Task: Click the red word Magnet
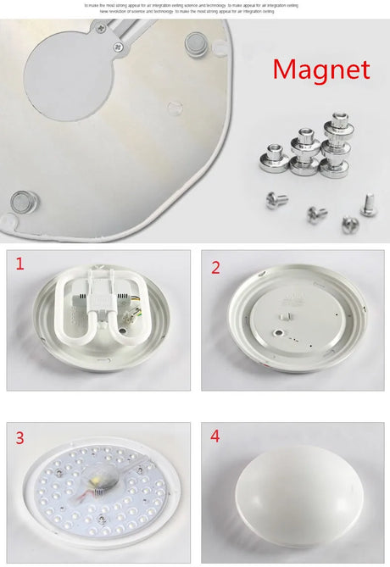coord(321,69)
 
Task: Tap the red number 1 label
coord(20,264)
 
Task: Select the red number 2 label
coord(215,268)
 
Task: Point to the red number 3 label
coord(20,438)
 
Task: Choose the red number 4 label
coord(215,436)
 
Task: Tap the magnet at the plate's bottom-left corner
coord(24,203)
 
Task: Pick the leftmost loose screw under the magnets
coord(276,200)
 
